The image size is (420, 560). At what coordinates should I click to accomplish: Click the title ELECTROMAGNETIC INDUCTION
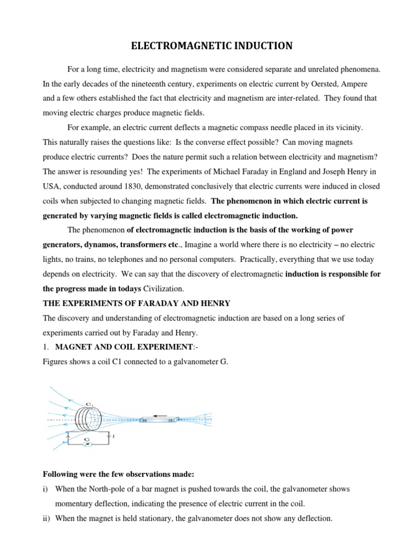(212, 47)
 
